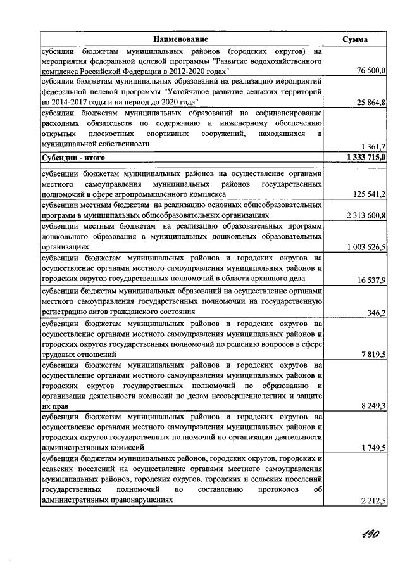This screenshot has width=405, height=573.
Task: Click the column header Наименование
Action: point(182,39)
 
